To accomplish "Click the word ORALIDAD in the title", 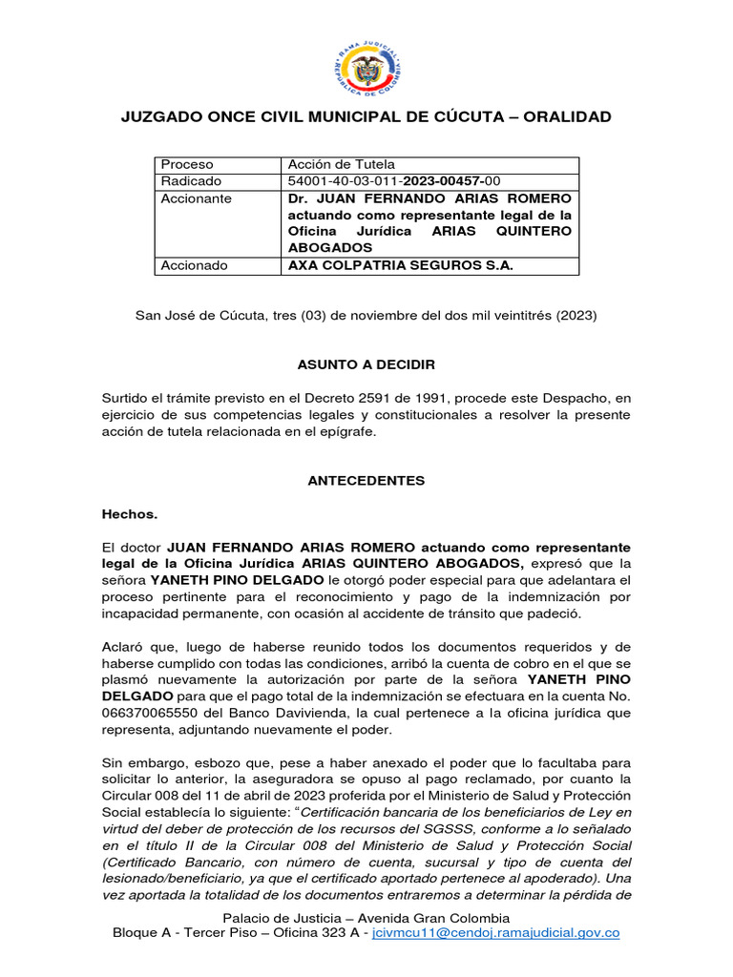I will point(564,117).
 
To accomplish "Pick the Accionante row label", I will point(196,198).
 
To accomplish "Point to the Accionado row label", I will point(194,265).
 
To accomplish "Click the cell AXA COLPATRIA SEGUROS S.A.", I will point(400,265).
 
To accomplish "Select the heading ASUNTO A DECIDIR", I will point(366,365).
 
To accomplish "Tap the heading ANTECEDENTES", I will point(366,481).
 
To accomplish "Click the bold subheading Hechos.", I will point(130,513).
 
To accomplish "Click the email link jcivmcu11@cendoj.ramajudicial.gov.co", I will point(495,932).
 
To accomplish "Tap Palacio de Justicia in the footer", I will point(277,917).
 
